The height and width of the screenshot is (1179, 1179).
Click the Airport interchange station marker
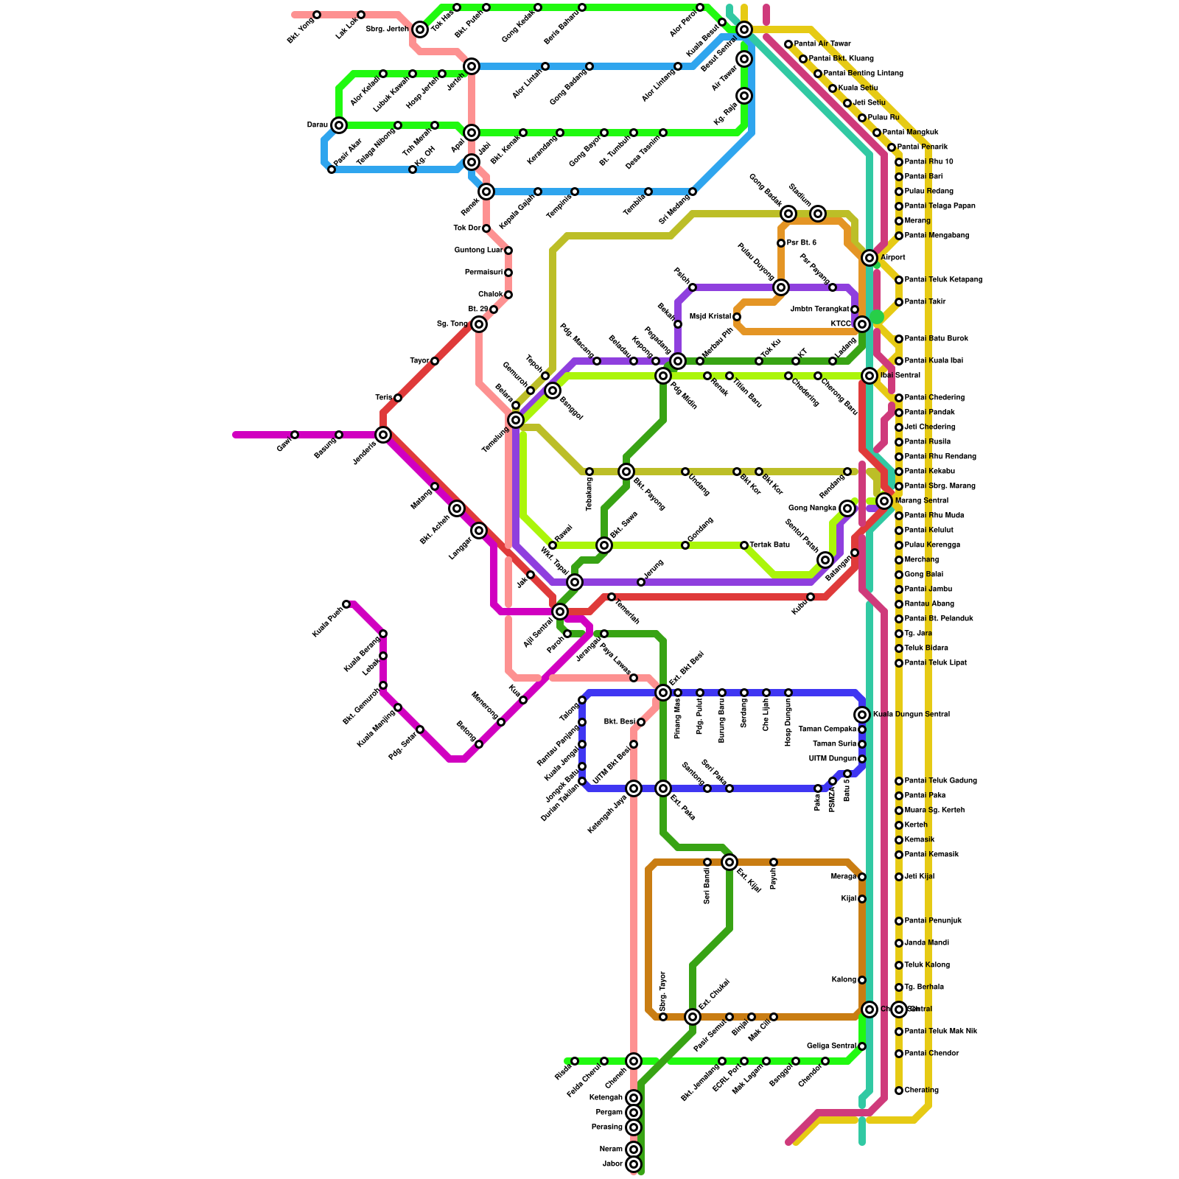click(870, 258)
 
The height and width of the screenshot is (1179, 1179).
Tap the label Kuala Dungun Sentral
click(912, 715)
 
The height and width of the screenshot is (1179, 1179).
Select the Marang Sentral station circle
click(884, 501)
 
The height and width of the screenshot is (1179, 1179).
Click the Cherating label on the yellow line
click(921, 1091)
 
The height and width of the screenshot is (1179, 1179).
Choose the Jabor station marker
click(634, 1164)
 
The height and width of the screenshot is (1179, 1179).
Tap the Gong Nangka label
click(812, 508)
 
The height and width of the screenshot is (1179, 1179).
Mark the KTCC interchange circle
click(862, 324)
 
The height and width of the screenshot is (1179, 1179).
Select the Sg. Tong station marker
click(479, 324)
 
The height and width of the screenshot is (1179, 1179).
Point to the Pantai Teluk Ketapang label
click(943, 280)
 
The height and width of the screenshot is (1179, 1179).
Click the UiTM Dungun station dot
click(862, 759)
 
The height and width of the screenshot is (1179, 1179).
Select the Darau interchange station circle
click(339, 125)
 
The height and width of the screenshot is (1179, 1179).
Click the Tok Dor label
click(467, 228)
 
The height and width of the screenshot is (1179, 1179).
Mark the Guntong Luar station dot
click(508, 251)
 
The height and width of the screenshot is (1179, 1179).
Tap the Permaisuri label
click(483, 273)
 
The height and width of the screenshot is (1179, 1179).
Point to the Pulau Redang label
click(928, 192)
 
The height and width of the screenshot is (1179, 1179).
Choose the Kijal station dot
click(862, 899)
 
